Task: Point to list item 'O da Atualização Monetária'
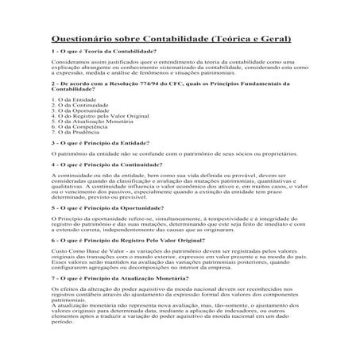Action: click(x=90, y=125)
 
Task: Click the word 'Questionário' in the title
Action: click(x=85, y=37)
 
